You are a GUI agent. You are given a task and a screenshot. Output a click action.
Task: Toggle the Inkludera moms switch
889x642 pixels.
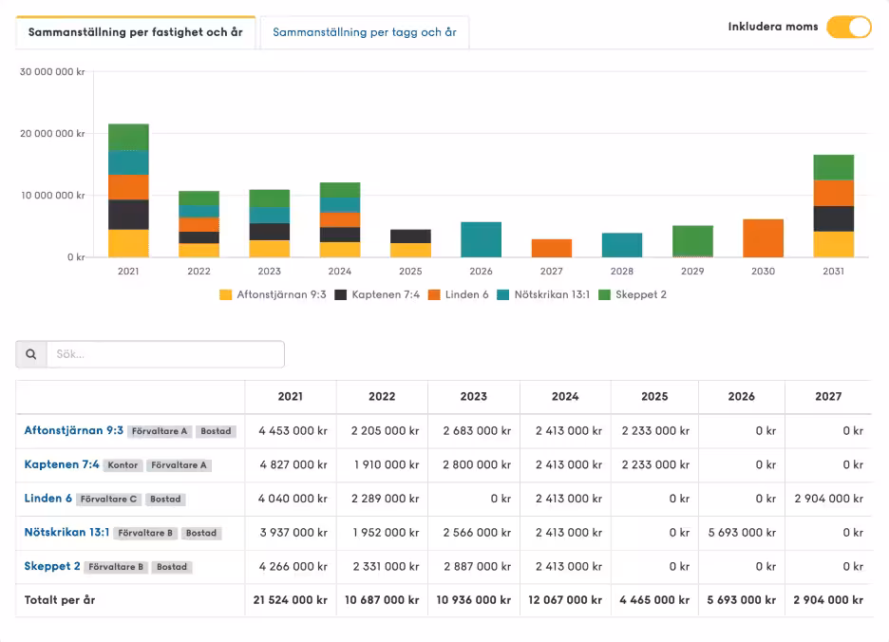[x=849, y=27]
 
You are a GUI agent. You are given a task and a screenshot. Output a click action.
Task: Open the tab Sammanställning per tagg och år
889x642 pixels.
[x=365, y=32]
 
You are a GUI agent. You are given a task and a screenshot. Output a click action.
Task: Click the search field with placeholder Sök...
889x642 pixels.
[x=165, y=354]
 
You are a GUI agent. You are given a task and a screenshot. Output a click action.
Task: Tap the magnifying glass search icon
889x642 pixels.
[x=31, y=354]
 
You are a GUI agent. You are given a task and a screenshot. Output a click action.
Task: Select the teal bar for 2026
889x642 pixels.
[x=481, y=239]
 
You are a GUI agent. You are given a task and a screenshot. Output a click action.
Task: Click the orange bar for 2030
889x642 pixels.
[x=763, y=238]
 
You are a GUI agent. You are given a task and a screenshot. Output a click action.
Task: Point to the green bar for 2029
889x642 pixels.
[x=692, y=241]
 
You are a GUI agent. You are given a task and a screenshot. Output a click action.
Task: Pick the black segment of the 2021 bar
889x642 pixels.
[x=129, y=215]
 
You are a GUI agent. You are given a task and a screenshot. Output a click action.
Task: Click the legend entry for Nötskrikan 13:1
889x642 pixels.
[x=543, y=294]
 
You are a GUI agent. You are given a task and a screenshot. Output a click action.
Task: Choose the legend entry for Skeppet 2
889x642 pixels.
[x=633, y=294]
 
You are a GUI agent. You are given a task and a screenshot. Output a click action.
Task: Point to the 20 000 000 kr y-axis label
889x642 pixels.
[x=52, y=133]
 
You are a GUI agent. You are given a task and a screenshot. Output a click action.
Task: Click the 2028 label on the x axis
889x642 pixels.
[x=622, y=271]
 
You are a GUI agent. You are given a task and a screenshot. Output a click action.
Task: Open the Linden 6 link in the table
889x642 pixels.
[x=48, y=499]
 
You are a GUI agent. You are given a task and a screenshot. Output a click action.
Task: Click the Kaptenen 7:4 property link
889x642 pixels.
[x=62, y=464]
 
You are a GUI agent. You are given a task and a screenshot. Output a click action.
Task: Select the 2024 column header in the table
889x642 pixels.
[x=565, y=396]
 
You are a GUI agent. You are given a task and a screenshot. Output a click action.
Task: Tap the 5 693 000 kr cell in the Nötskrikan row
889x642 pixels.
[x=742, y=533]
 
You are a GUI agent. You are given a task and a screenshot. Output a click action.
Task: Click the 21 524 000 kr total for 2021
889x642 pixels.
[x=291, y=600]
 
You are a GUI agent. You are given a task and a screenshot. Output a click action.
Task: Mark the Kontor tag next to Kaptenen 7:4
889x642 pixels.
[x=123, y=465]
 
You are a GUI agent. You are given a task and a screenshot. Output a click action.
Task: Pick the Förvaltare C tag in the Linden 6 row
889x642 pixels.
[x=108, y=500]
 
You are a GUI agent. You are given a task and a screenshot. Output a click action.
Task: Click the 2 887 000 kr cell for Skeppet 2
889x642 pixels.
[x=477, y=566]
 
